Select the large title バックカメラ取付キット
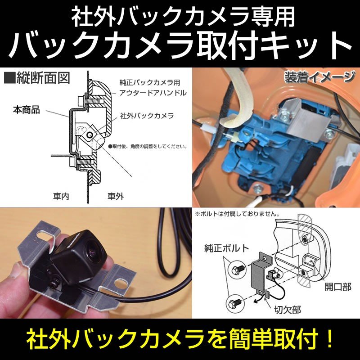coord(180,45)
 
